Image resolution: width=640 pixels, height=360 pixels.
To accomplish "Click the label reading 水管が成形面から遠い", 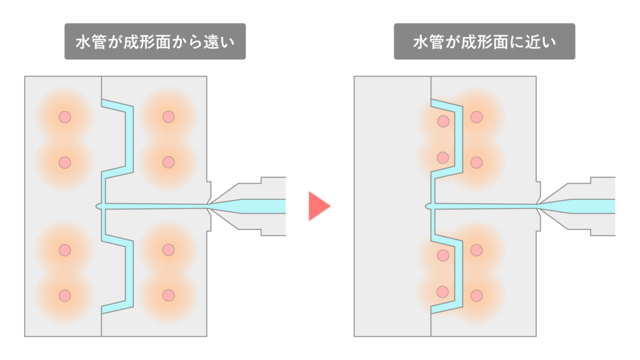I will click(155, 42).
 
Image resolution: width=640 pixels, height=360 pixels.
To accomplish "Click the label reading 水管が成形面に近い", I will click(484, 42).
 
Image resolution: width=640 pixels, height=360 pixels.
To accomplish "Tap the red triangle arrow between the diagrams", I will click(318, 206).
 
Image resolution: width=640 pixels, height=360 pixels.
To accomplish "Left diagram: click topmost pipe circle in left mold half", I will click(64, 117).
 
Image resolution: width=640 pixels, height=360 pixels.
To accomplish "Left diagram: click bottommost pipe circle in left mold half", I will click(64, 295).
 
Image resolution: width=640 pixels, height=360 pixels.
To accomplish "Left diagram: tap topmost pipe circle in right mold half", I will click(167, 117).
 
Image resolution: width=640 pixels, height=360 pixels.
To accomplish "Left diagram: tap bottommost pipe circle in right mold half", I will click(167, 295).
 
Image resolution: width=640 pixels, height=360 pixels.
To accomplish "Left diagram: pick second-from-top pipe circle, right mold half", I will click(167, 162).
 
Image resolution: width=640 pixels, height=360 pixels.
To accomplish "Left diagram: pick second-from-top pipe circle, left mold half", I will click(64, 162).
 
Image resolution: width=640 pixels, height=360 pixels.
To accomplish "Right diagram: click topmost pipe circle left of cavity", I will click(443, 121).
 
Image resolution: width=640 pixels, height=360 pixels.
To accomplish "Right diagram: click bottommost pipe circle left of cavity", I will click(443, 291).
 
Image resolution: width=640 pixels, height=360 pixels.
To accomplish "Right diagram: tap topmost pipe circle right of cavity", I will click(477, 117).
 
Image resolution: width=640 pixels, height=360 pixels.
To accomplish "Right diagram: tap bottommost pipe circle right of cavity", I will click(477, 295).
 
